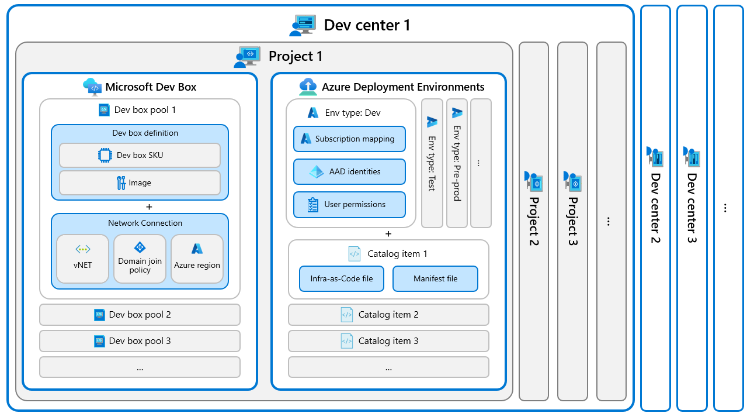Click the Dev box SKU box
[x=140, y=155]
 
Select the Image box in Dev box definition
[x=140, y=183]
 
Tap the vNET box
[x=83, y=259]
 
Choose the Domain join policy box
[x=140, y=259]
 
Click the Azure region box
[x=197, y=259]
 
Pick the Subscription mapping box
[x=349, y=139]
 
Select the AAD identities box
[x=349, y=171]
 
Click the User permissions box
[x=349, y=204]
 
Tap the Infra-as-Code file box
[x=342, y=278]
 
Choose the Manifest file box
[x=435, y=278]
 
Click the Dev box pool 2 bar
[x=140, y=315]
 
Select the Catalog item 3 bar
[x=388, y=341]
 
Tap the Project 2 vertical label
[x=534, y=221]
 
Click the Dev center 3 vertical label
[x=692, y=208]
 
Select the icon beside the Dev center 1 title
[x=303, y=25]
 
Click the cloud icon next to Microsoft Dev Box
[x=92, y=87]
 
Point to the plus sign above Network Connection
[x=149, y=206]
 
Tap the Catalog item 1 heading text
[x=397, y=254]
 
